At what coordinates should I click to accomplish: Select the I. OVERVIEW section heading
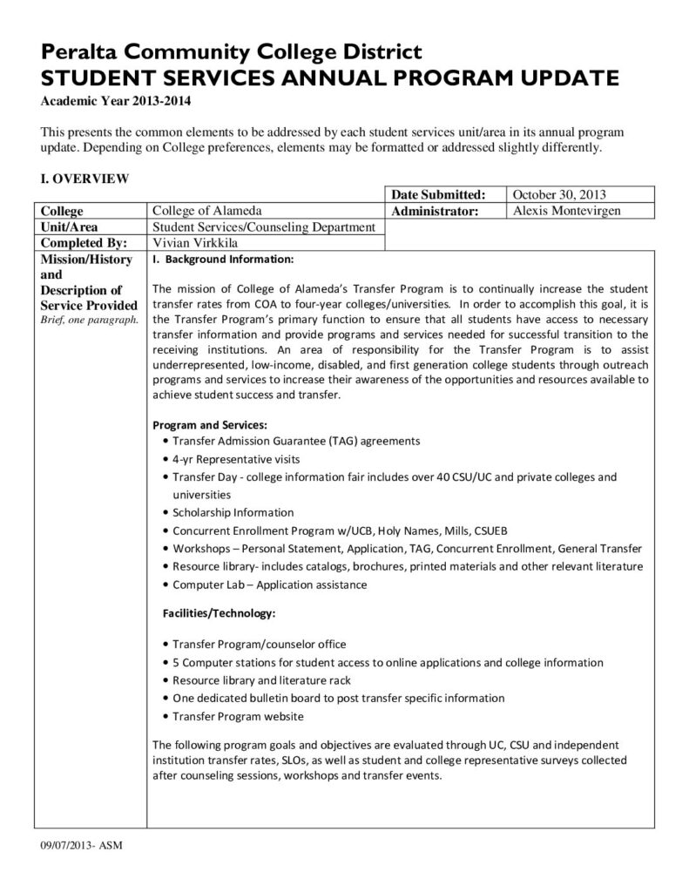coord(85,179)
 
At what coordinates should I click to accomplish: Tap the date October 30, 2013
coord(560,195)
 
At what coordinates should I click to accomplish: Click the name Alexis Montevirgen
coord(567,211)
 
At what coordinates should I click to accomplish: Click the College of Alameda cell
coord(207,211)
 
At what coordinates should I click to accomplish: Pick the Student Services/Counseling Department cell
coord(264,227)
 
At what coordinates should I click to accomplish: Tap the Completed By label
coord(84,243)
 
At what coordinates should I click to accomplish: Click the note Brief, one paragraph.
coord(89,320)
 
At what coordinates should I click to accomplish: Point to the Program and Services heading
coord(209,425)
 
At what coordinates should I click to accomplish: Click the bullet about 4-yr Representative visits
coord(236,458)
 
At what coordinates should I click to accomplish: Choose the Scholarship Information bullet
coord(233,512)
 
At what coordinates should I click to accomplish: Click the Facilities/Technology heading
coord(220,613)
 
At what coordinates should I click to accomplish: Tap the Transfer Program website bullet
coord(238,716)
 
